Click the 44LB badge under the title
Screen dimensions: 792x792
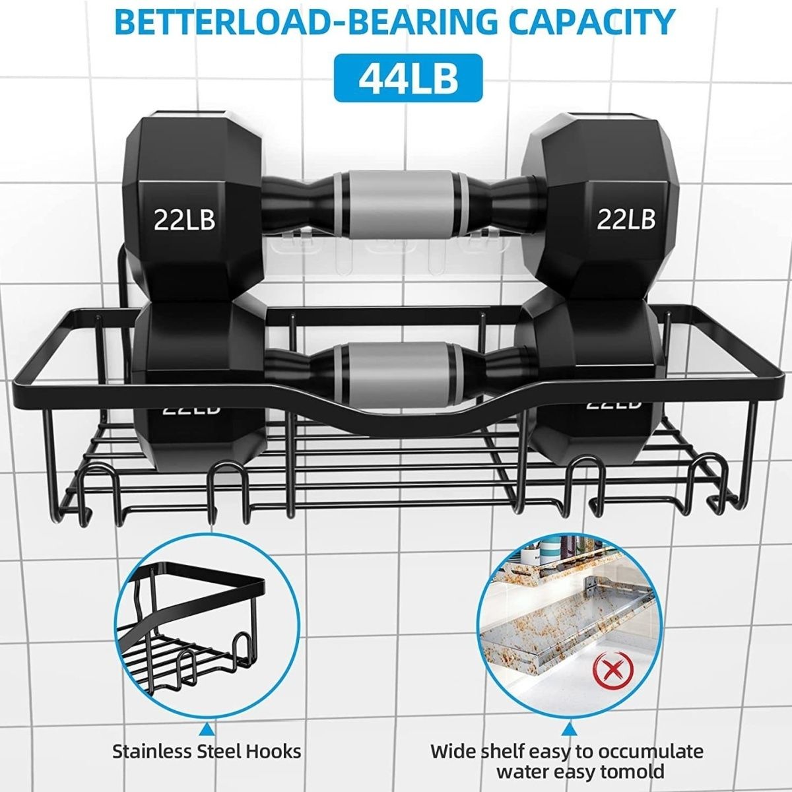coord(407,77)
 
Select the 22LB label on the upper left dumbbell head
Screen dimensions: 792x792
coord(185,219)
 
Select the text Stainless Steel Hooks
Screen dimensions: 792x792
coord(207,750)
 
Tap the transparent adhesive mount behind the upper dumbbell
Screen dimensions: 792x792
coord(396,254)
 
